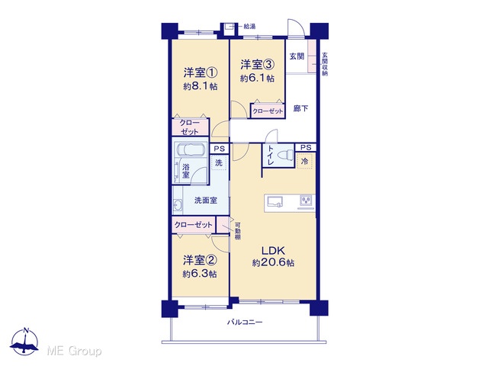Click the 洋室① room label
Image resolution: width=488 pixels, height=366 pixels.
click(200, 73)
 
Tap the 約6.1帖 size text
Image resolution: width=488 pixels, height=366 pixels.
click(257, 78)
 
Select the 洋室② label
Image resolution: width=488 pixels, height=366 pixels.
click(200, 260)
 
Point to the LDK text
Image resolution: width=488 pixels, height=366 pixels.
click(273, 251)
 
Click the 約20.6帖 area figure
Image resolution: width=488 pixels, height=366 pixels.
click(273, 263)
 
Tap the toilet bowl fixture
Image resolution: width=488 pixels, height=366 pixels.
click(285, 154)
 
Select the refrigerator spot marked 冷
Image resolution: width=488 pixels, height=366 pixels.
click(305, 161)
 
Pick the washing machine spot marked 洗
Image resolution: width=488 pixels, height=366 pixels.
click(219, 162)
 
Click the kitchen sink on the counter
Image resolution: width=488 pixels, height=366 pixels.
click(274, 201)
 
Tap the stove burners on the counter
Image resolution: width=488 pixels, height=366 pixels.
click(305, 200)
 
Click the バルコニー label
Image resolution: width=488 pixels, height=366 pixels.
click(245, 322)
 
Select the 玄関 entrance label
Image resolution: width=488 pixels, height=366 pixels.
click(297, 56)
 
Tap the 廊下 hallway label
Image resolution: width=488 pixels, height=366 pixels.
click(300, 108)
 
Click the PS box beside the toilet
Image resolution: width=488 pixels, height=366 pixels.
click(306, 147)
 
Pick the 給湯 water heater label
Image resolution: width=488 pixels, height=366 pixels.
click(249, 27)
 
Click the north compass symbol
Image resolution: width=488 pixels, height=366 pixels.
click(25, 342)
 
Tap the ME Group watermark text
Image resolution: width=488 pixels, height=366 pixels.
click(74, 351)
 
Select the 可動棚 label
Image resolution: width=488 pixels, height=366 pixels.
click(237, 230)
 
